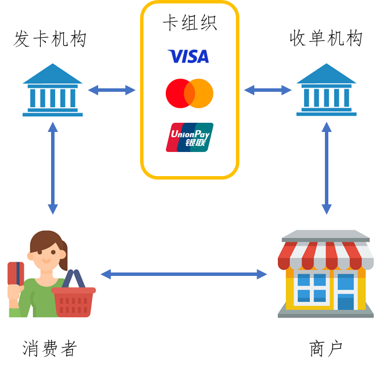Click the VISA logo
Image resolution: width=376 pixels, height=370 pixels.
pyautogui.click(x=188, y=56)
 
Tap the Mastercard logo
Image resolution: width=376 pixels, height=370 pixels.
pyautogui.click(x=189, y=94)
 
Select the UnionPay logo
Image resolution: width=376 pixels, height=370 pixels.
pyautogui.click(x=189, y=137)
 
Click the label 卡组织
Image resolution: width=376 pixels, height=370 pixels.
pyautogui.click(x=189, y=22)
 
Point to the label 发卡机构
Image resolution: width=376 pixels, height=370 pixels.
pyautogui.click(x=49, y=39)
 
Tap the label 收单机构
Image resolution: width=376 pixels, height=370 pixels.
pyautogui.click(x=326, y=38)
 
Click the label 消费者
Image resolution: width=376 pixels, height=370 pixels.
pyautogui.click(x=50, y=348)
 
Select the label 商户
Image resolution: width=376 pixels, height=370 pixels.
pyautogui.click(x=325, y=349)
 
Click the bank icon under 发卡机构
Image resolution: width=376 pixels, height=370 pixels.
pyautogui.click(x=52, y=90)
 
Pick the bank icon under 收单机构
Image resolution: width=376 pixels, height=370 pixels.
pyautogui.click(x=327, y=89)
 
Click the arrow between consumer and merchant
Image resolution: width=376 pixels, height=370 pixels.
pyautogui.click(x=184, y=274)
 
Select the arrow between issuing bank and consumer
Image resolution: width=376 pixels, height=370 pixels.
pyautogui.click(x=53, y=168)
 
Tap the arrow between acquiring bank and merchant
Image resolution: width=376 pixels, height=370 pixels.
pyautogui.click(x=327, y=168)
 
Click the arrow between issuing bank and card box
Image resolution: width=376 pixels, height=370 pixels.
pyautogui.click(x=112, y=90)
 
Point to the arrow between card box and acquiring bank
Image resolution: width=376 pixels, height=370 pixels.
pyautogui.click(x=268, y=90)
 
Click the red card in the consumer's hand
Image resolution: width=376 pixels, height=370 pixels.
pyautogui.click(x=16, y=274)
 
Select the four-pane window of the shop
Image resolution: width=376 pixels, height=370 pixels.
pyautogui.click(x=312, y=287)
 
